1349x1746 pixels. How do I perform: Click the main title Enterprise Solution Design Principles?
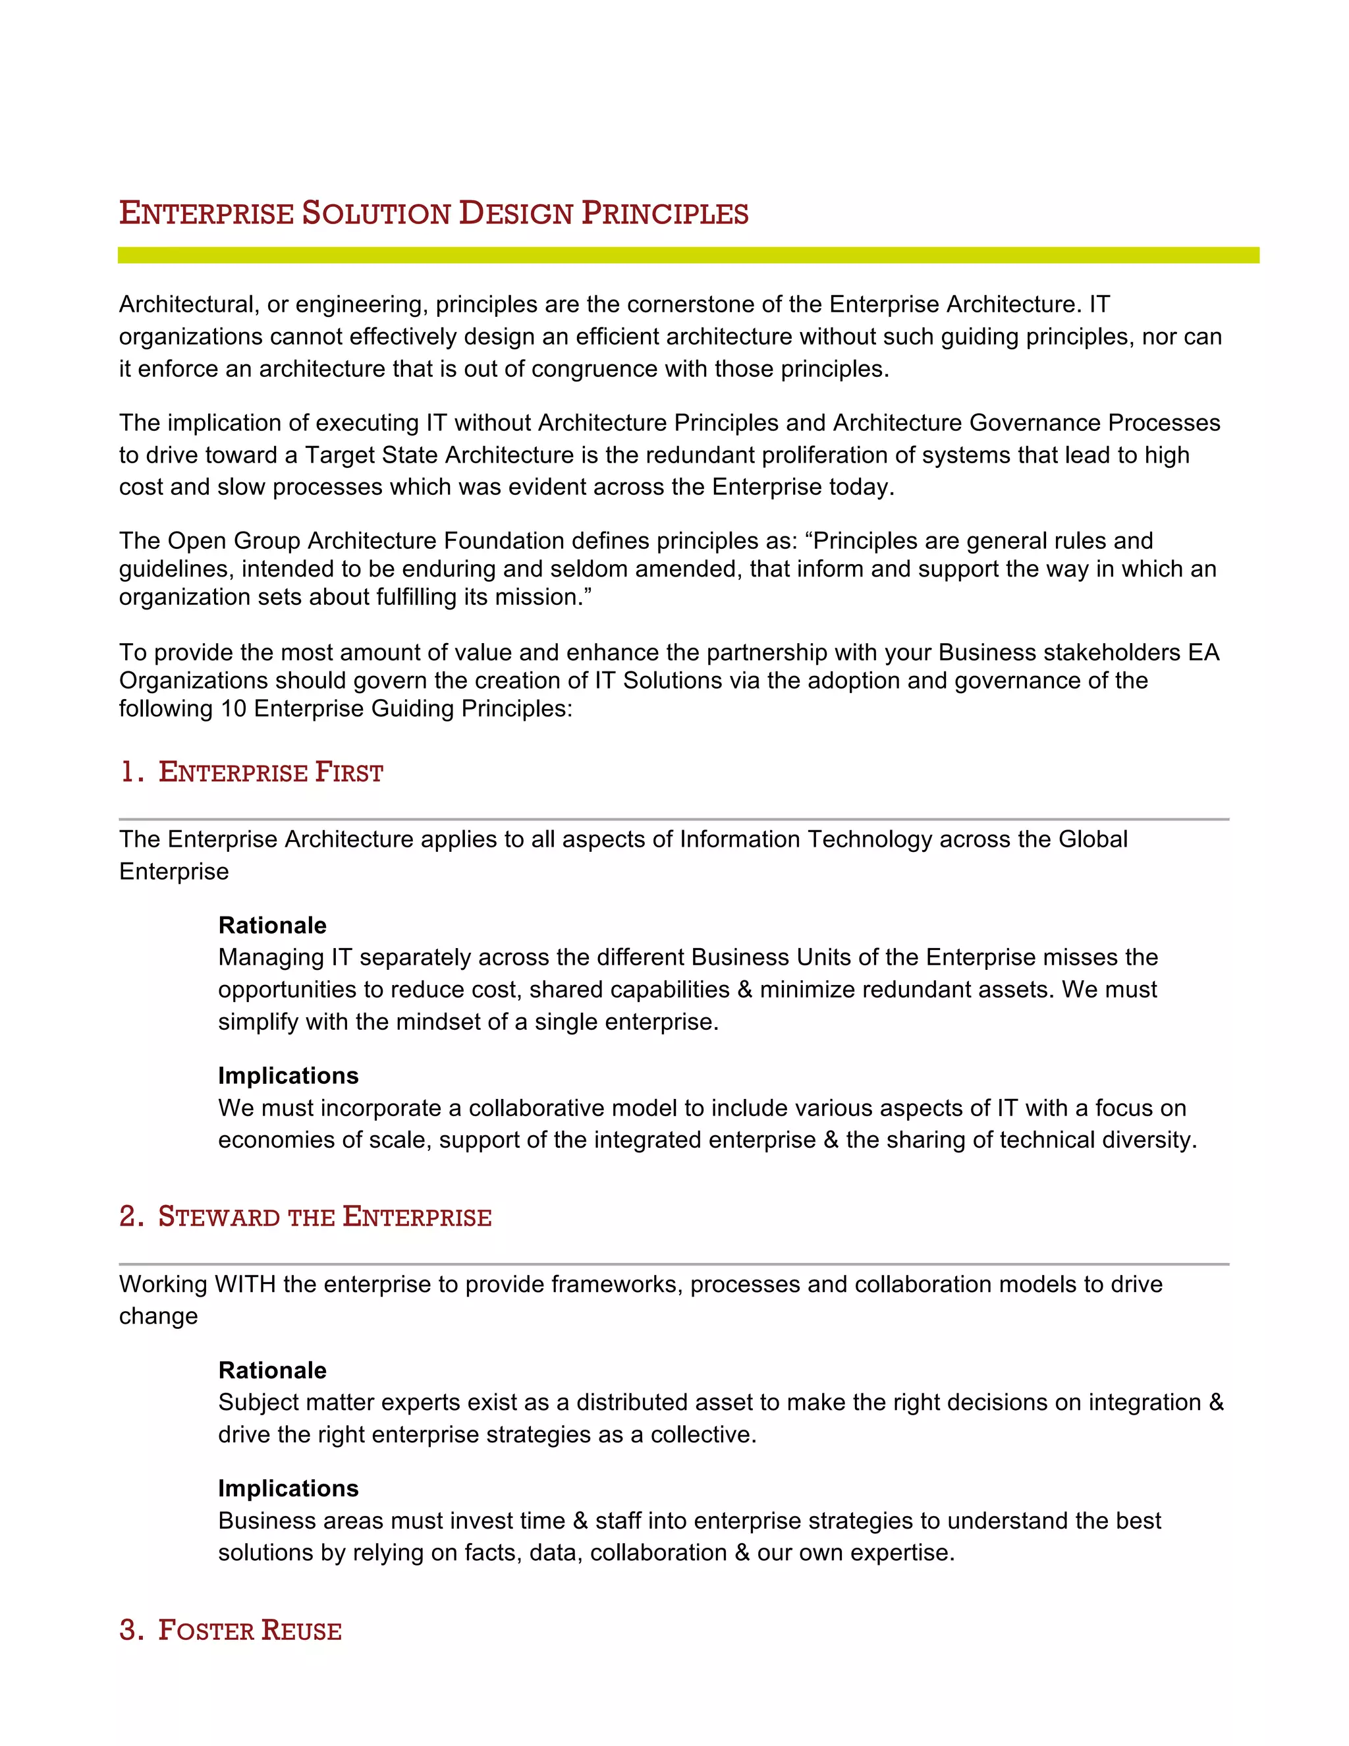[433, 213]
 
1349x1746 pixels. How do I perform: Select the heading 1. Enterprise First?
[252, 772]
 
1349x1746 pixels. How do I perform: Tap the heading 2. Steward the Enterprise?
[305, 1217]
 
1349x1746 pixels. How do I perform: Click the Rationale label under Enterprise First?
[273, 925]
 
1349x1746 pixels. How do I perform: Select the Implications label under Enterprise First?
[288, 1075]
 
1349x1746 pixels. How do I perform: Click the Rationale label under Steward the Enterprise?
[273, 1370]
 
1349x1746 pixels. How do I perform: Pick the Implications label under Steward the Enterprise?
[288, 1488]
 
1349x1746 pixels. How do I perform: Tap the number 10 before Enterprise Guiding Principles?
[233, 709]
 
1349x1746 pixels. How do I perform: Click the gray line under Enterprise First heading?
[674, 820]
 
